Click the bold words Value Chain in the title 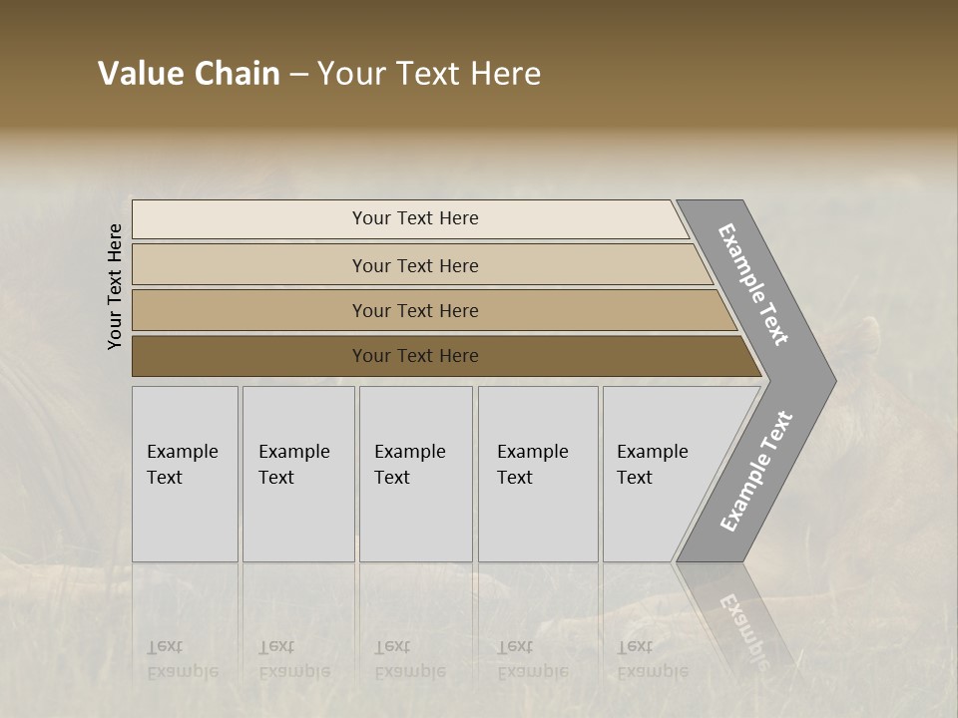click(189, 74)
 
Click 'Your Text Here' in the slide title click(429, 74)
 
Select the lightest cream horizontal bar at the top click(249, 219)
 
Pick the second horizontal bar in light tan click(249, 265)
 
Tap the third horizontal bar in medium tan click(249, 310)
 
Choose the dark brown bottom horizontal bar click(249, 356)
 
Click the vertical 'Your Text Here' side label click(116, 286)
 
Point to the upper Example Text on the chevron click(753, 284)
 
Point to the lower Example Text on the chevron click(755, 471)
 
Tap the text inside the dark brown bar click(415, 356)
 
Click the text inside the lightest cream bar click(415, 218)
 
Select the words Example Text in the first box click(182, 464)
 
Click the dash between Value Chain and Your click(298, 75)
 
